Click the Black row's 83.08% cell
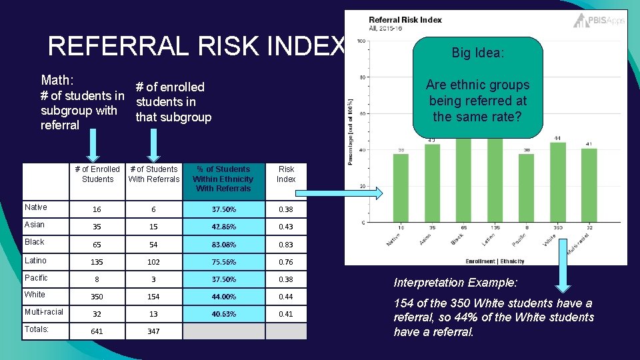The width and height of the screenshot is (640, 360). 223,245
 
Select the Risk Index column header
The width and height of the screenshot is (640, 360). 286,174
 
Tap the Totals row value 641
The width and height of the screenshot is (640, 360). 97,331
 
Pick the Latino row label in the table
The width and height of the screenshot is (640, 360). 35,261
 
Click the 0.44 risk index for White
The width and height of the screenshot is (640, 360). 286,297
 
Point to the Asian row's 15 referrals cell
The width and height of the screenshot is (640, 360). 153,227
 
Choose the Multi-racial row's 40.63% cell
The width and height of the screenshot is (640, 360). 223,314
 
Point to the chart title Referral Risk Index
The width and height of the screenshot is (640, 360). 405,19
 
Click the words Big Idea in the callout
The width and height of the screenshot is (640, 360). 477,53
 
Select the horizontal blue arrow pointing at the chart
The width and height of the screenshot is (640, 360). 339,193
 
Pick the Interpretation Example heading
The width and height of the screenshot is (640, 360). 455,283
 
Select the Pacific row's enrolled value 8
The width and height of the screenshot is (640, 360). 97,279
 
